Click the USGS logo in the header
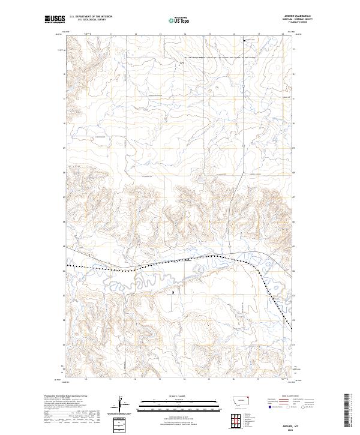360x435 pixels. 55,19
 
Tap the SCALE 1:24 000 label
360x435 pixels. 180,397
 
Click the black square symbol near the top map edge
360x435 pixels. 244,40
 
